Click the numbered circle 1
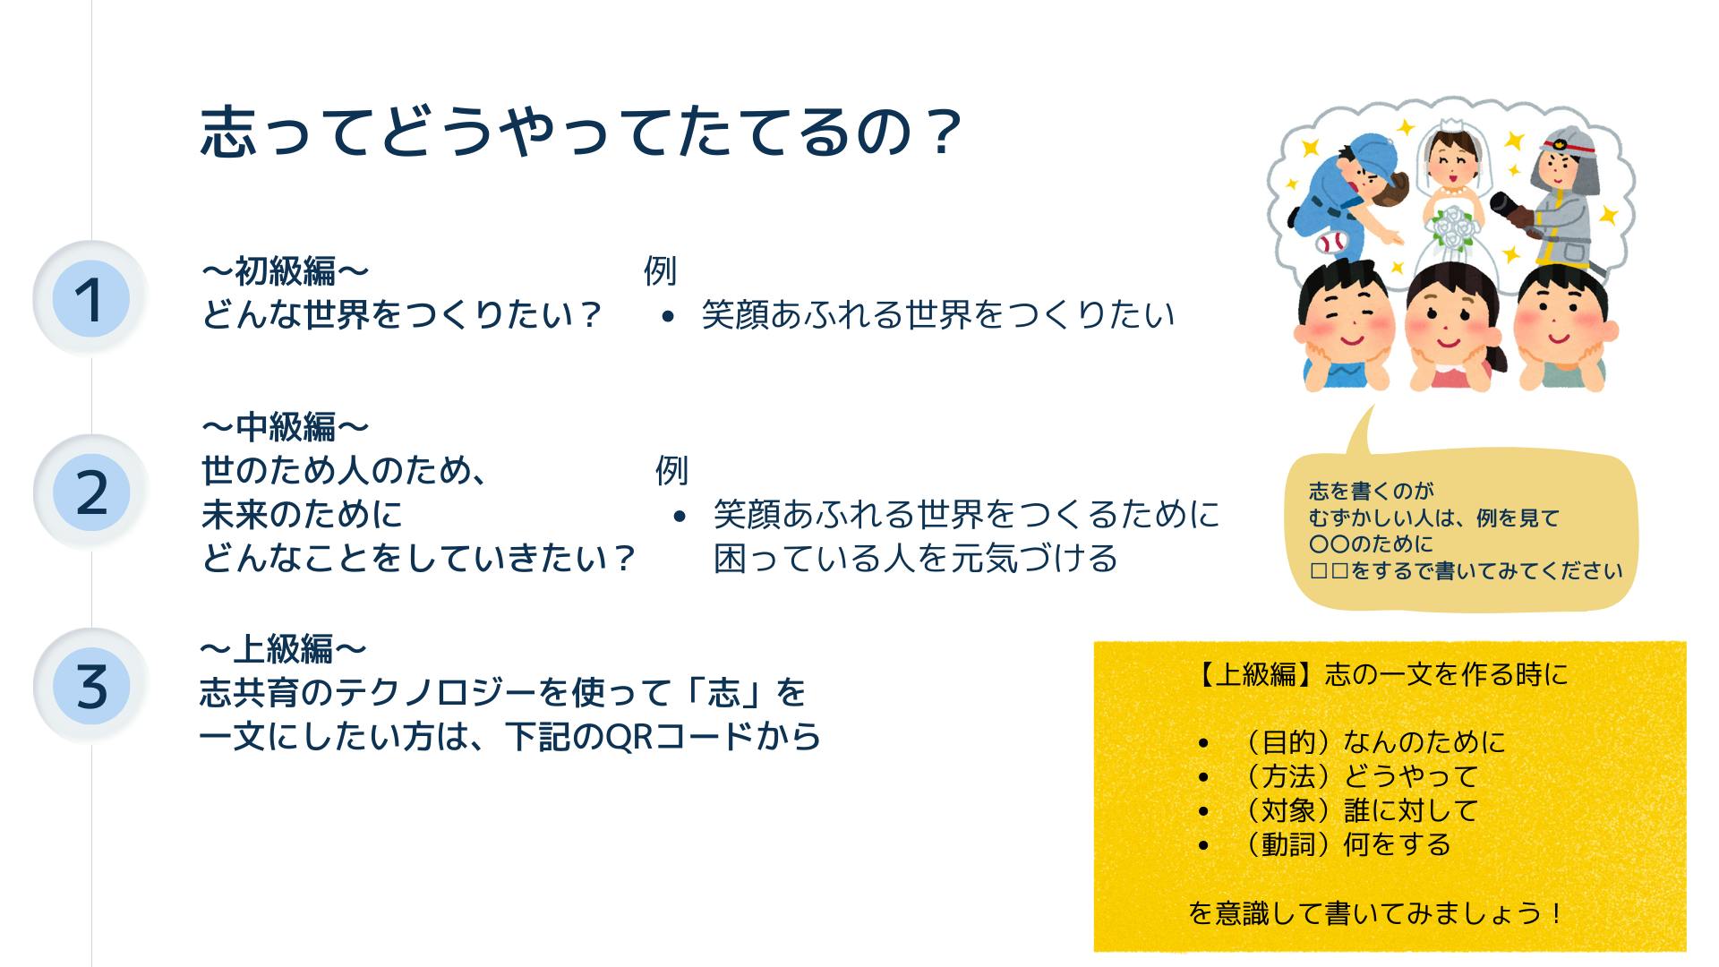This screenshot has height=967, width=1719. point(90,299)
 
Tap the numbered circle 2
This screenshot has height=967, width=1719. point(90,492)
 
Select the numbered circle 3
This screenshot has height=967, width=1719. point(90,687)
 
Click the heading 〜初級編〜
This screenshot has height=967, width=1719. point(285,270)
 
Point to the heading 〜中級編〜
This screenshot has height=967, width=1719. point(285,427)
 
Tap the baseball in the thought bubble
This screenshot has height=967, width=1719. point(1330,242)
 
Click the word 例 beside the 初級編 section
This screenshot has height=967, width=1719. point(660,270)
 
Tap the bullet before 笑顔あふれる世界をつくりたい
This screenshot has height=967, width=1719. point(668,316)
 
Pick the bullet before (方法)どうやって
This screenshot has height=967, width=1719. point(1204,778)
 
